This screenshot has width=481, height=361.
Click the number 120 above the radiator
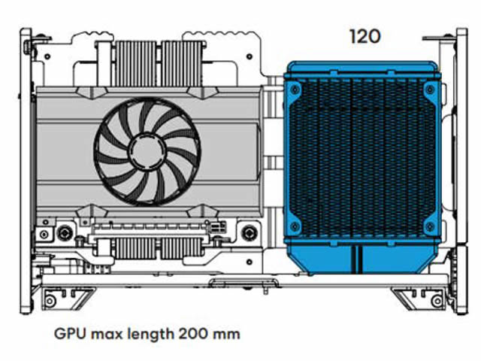(365, 37)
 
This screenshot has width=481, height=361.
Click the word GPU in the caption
(70, 334)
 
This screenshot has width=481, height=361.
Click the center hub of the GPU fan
(147, 151)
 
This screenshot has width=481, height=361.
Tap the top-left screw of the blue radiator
(295, 89)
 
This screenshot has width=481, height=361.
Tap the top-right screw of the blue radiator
(429, 89)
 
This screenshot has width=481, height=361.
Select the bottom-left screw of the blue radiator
(295, 226)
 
